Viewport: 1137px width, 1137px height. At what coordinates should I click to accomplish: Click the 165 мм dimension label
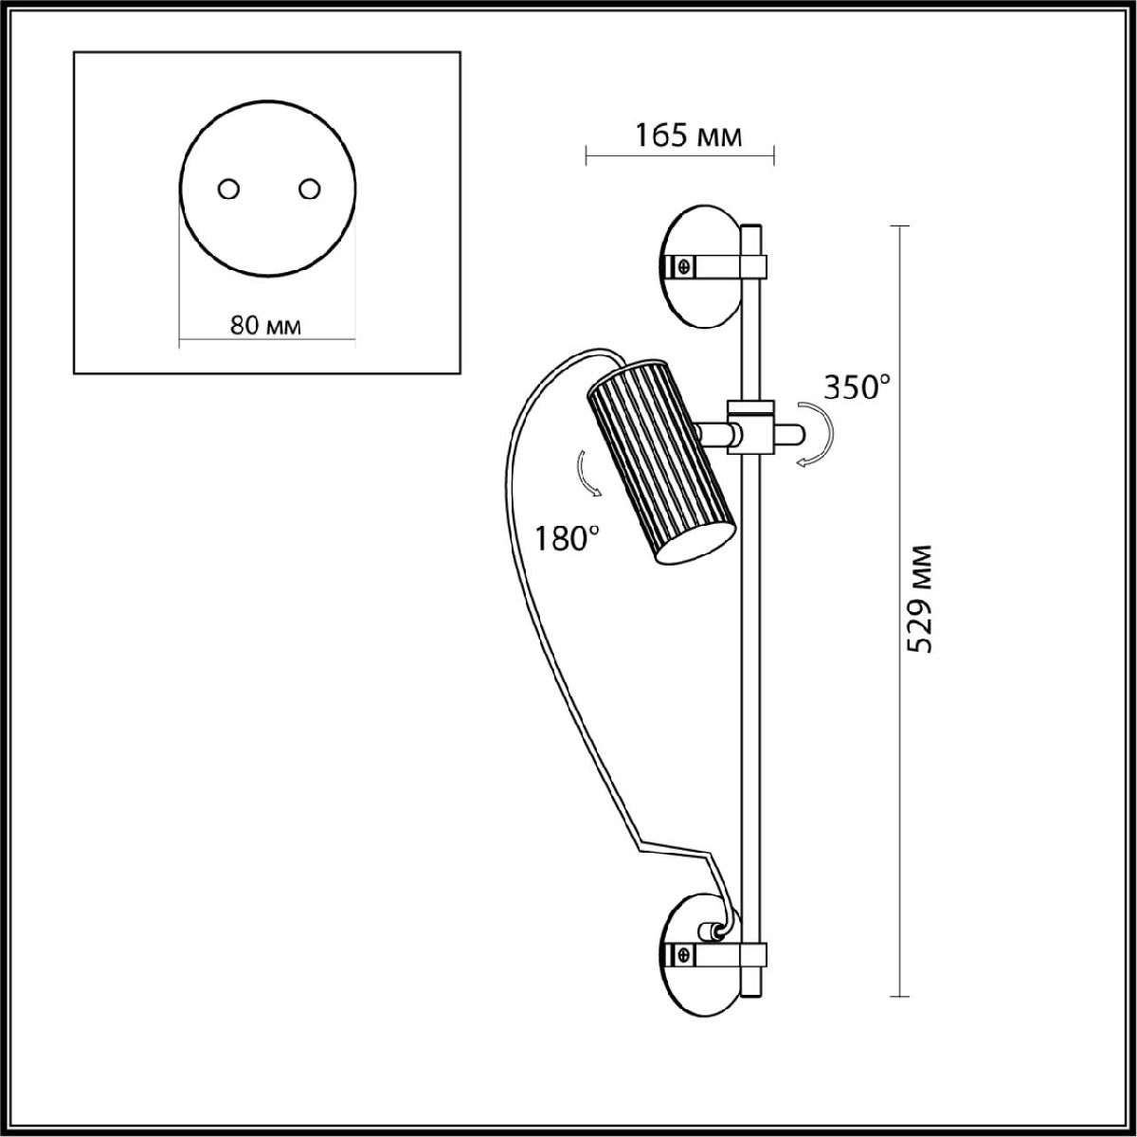pyautogui.click(x=687, y=136)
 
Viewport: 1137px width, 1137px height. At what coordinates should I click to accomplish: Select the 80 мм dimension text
pyautogui.click(x=265, y=325)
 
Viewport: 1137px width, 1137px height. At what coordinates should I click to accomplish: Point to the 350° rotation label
pyautogui.click(x=857, y=388)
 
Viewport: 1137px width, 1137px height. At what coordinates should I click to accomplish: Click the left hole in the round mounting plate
pyautogui.click(x=227, y=189)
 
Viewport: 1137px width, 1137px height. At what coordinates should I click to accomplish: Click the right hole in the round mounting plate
pyautogui.click(x=309, y=189)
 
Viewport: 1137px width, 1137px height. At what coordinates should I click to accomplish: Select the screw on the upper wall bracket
pyautogui.click(x=684, y=266)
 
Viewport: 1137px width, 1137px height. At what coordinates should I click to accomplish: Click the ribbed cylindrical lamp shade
pyautogui.click(x=660, y=460)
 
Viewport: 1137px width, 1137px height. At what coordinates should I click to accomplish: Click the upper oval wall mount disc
pyautogui.click(x=701, y=266)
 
